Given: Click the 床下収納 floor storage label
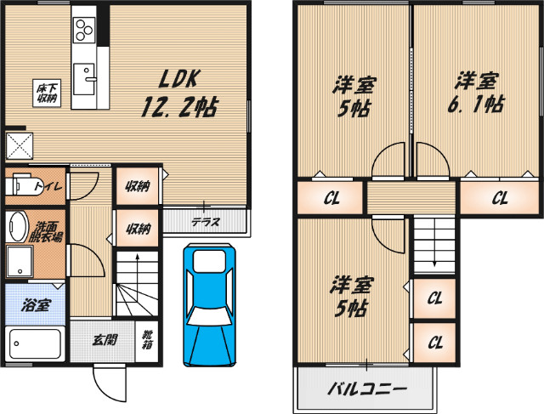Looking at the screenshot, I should point(45,91).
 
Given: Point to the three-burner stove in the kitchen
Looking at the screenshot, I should point(83,30).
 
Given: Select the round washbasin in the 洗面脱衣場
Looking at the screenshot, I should point(18,227).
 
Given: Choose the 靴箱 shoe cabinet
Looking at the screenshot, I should point(146,341).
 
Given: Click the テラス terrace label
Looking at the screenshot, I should point(205,222).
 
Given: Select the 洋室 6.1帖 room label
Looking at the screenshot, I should point(476,93).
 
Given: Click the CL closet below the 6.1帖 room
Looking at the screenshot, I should point(499,200).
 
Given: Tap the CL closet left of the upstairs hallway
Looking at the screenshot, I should point(331,200).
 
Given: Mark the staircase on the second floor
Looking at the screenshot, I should point(434,242).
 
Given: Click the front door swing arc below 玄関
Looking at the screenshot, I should point(108,382).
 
